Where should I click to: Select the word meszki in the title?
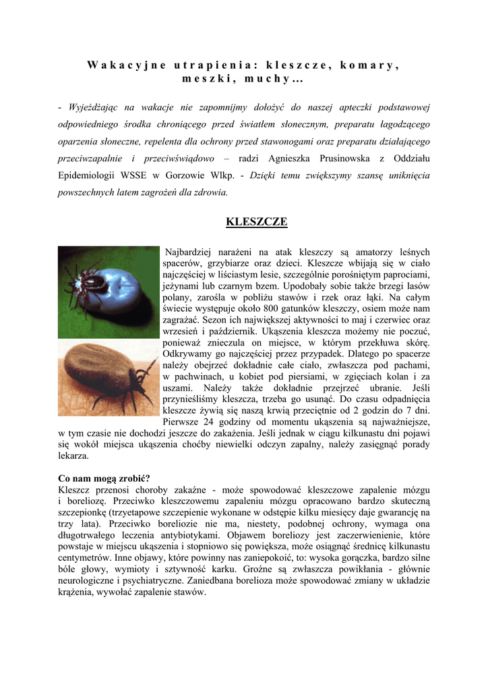click(x=202, y=79)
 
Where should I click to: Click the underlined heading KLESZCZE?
click(x=256, y=221)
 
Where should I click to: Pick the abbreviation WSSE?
click(x=123, y=175)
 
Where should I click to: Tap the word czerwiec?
click(x=393, y=319)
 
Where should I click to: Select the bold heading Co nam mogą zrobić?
click(x=104, y=478)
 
